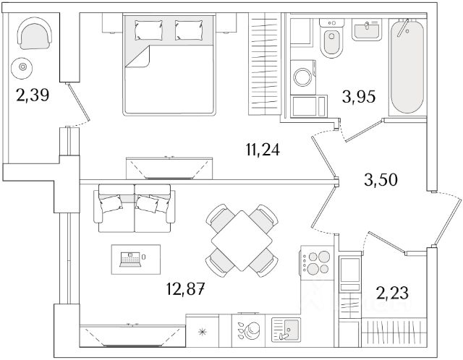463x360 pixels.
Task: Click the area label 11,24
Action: click(262, 150)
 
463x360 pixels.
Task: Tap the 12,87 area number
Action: click(185, 289)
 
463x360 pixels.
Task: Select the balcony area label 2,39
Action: click(33, 95)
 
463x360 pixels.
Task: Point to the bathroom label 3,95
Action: click(359, 96)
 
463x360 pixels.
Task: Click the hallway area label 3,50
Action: click(381, 180)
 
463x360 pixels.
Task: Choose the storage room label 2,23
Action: click(392, 293)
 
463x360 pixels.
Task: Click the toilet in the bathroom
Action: click(331, 38)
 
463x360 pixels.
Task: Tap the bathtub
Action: click(407, 66)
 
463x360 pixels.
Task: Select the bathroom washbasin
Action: click(367, 30)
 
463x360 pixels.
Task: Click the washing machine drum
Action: click(303, 77)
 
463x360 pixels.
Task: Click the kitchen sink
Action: click(286, 330)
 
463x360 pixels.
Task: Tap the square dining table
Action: click(242, 241)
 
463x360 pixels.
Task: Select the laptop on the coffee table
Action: click(129, 260)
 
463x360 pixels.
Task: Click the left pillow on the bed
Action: click(148, 30)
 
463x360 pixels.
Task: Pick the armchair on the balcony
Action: click(35, 33)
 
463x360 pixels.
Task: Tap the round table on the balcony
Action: click(22, 67)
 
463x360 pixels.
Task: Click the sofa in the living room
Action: click(135, 208)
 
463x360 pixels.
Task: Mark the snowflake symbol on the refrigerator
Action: click(203, 333)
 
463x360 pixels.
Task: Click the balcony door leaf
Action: click(79, 102)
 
